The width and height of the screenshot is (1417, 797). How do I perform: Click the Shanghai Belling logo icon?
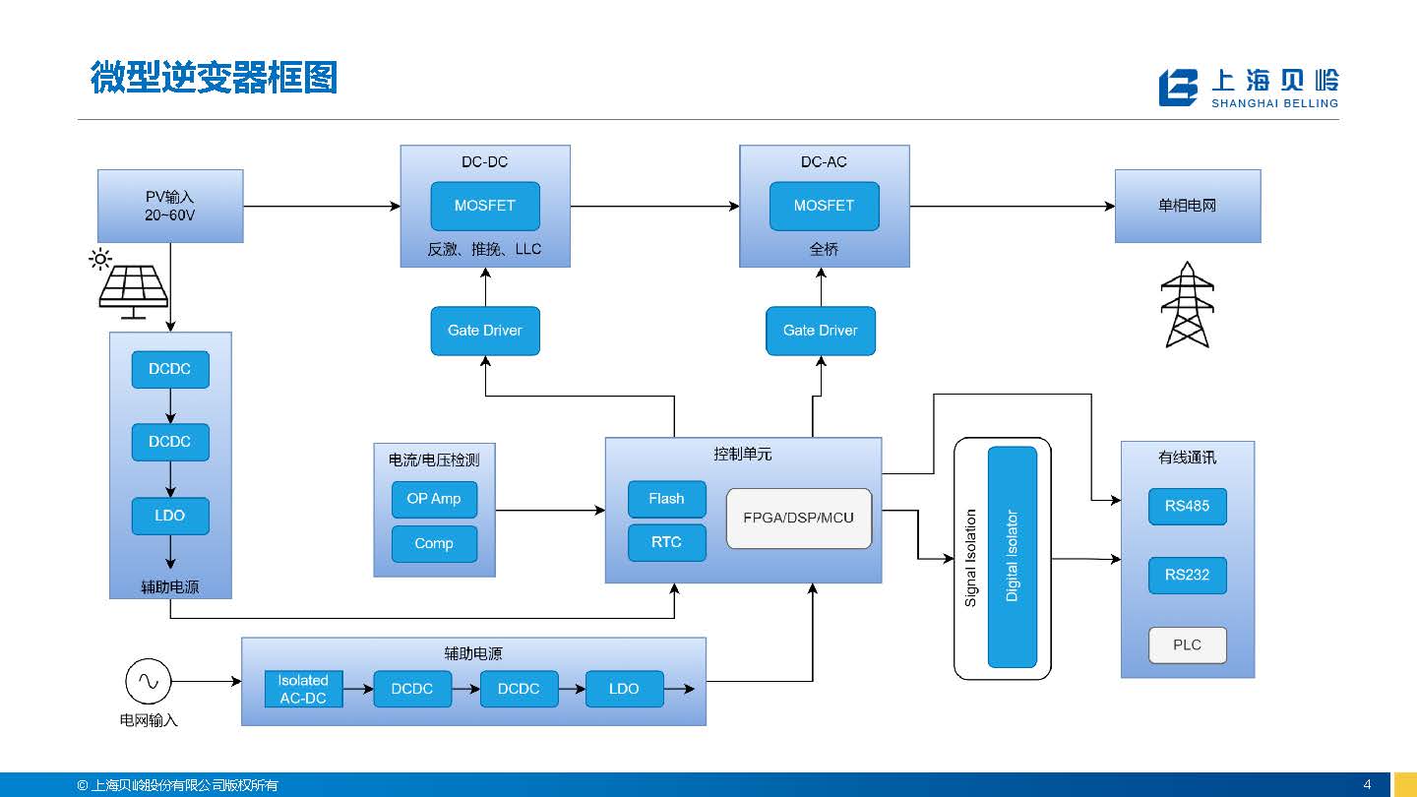(x=1178, y=88)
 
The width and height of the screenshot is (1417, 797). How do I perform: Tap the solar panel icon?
(x=133, y=288)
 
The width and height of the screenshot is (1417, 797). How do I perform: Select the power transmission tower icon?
(x=1186, y=305)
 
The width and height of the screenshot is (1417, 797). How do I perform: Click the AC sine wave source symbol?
(x=148, y=681)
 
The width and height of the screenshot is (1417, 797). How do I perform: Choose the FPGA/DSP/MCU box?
(x=799, y=519)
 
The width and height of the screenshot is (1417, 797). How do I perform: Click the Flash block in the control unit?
(x=666, y=499)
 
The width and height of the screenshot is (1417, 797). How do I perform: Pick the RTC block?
(x=666, y=542)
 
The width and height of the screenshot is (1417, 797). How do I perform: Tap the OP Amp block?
(x=434, y=499)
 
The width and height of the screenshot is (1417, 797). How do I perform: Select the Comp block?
(x=434, y=543)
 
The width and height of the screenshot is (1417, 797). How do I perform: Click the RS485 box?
(x=1187, y=507)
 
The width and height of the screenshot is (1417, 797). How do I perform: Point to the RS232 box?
(x=1187, y=575)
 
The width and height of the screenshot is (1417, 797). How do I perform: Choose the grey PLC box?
(x=1187, y=645)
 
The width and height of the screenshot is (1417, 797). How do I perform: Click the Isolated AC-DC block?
(x=303, y=689)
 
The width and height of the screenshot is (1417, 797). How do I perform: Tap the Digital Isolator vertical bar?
(x=1013, y=557)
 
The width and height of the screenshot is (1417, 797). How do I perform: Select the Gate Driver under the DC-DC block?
(x=485, y=331)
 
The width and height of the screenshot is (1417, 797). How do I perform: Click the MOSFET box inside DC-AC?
(x=824, y=207)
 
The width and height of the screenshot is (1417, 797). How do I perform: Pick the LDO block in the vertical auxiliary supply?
(x=169, y=516)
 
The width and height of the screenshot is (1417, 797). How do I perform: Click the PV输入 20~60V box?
(x=170, y=207)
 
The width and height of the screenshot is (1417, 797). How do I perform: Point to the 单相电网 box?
(x=1187, y=207)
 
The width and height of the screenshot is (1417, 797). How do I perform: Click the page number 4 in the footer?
(x=1367, y=784)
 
